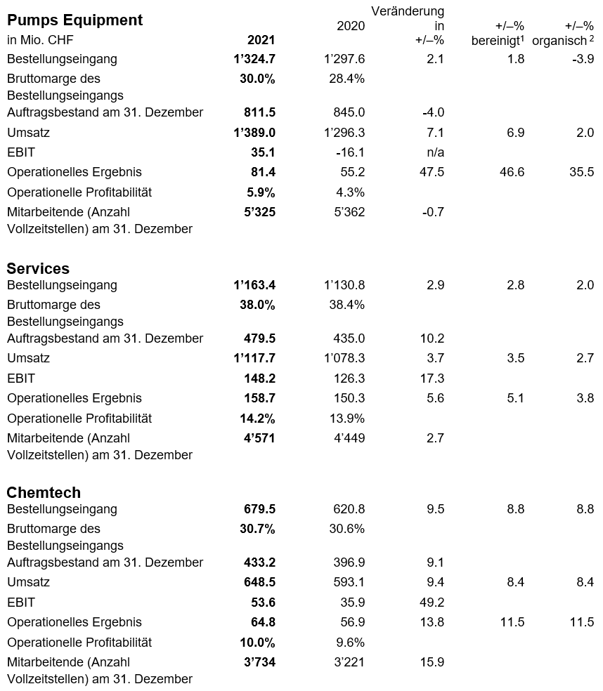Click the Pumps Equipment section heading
tap(75, 20)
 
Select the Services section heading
tap(38, 268)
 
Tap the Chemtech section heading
tap(44, 492)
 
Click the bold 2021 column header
tap(261, 40)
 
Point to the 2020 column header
tap(351, 26)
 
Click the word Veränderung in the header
tap(408, 11)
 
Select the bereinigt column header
tap(498, 41)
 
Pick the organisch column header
tap(563, 41)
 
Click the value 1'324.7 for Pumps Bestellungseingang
tap(254, 59)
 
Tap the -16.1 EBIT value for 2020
tap(350, 152)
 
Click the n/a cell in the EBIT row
tap(435, 152)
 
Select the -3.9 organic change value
tap(583, 59)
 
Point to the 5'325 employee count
tap(260, 212)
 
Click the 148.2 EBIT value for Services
tap(260, 378)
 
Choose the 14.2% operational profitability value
tap(258, 419)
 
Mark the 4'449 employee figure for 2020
tap(349, 438)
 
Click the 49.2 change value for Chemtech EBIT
tap(432, 602)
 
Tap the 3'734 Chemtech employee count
tap(260, 662)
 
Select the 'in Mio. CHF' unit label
tap(40, 40)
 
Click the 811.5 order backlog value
tap(260, 112)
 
